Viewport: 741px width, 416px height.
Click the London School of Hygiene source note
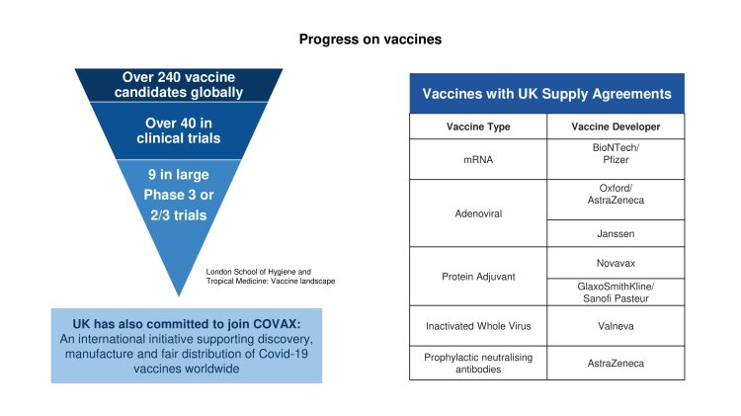(271, 276)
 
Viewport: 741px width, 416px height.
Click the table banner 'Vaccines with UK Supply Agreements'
(546, 95)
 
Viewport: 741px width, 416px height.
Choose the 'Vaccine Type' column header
(477, 127)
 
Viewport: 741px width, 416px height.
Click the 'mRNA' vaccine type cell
(477, 159)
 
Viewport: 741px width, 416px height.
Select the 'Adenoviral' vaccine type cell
(477, 213)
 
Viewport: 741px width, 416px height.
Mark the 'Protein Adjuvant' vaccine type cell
(477, 277)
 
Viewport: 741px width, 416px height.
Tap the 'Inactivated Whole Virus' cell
(477, 326)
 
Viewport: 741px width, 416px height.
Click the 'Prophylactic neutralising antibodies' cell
(477, 363)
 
